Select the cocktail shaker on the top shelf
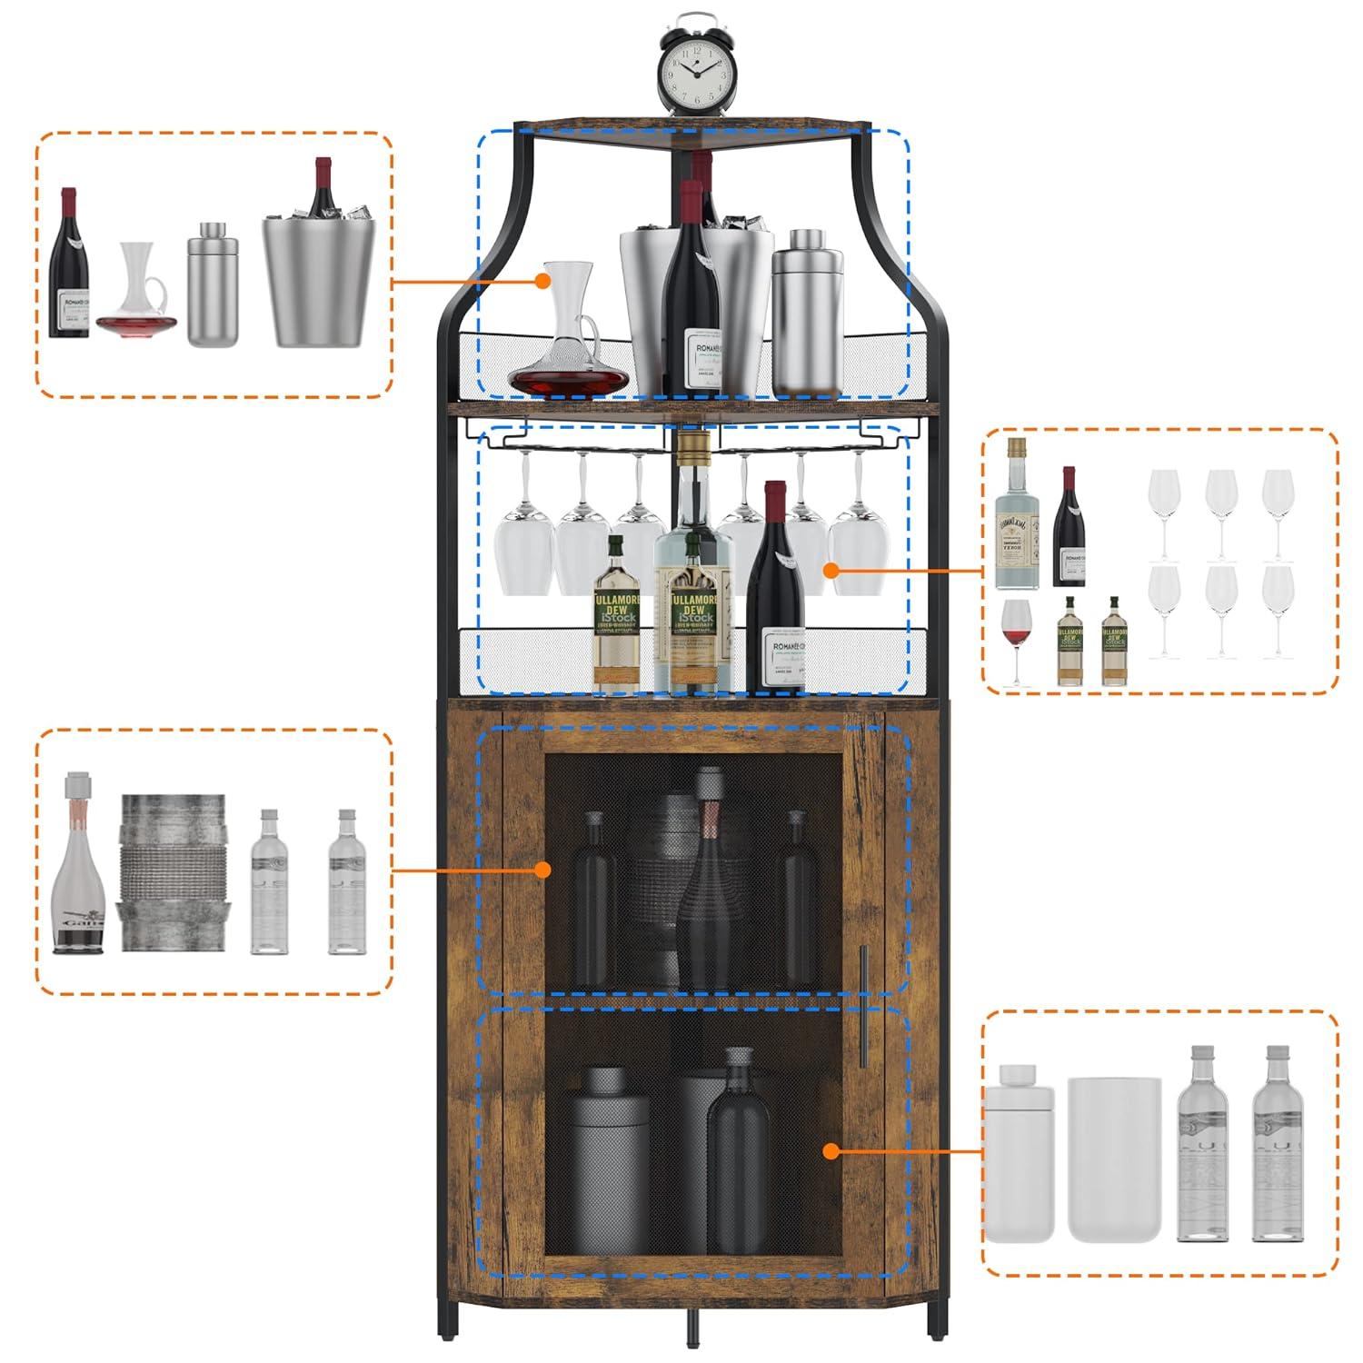pos(807,313)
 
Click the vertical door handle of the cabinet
pos(863,1006)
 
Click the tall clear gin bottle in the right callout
pos(1016,518)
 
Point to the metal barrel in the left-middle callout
pos(173,872)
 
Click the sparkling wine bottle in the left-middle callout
pos(78,868)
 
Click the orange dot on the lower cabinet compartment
pos(830,1151)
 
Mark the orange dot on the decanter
pos(543,282)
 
